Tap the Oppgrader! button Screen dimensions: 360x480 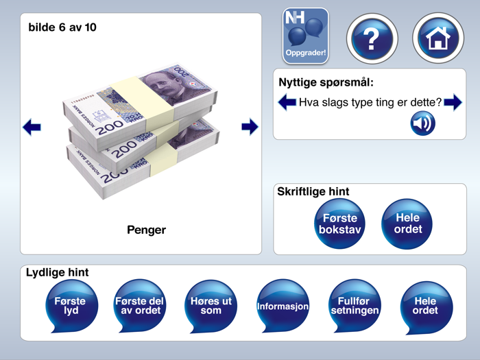305,36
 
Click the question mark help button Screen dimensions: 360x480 371,38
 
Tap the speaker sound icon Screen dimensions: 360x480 422,123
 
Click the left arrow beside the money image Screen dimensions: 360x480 32,127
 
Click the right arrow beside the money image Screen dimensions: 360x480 250,127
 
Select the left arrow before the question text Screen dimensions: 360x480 287,104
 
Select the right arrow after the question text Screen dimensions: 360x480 453,104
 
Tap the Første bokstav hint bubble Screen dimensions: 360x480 339,223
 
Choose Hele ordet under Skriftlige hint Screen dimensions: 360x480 407,223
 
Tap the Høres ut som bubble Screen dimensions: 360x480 211,305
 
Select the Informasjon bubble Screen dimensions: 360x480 283,306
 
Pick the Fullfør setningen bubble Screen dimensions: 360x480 355,305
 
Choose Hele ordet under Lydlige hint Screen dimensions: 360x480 426,305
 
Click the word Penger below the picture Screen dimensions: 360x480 146,230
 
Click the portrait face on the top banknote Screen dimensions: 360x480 163,85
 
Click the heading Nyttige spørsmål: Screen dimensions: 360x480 326,82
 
